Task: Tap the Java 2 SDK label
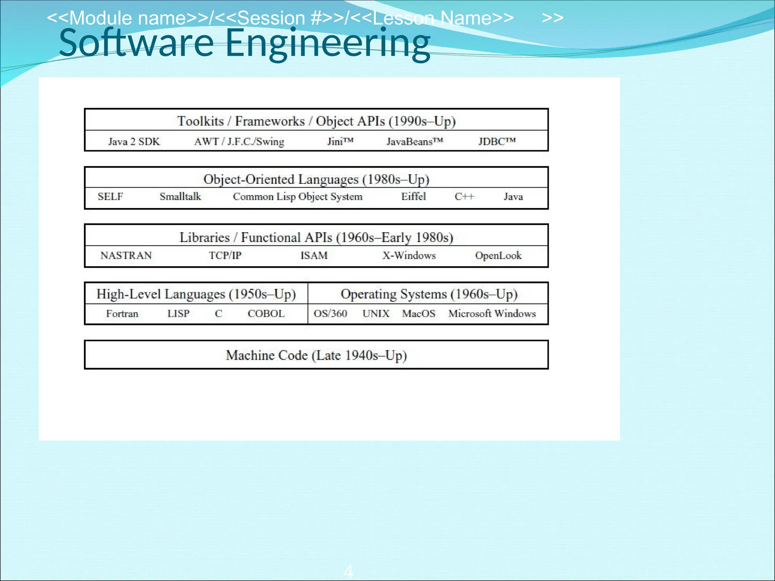[134, 141]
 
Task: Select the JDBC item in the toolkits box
[497, 141]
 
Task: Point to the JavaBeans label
[414, 141]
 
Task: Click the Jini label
[340, 141]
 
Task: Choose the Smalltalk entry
[180, 196]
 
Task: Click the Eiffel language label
[413, 196]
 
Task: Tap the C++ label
[464, 197]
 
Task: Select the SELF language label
[110, 196]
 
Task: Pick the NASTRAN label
[126, 255]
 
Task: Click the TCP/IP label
[225, 255]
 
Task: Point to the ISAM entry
[314, 255]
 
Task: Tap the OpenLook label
[498, 255]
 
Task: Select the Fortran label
[122, 314]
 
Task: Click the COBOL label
[266, 314]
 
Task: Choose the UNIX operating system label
[376, 314]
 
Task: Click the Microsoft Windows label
[492, 314]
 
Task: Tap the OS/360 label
[330, 314]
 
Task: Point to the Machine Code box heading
[316, 355]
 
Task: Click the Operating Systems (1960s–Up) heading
[429, 294]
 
